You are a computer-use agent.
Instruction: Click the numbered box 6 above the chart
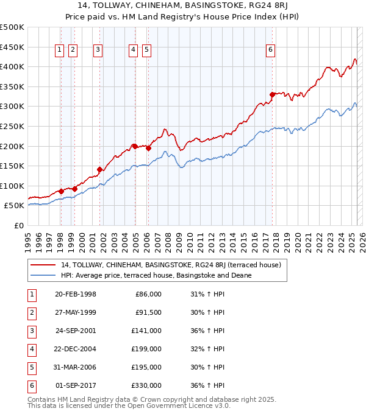[x=270, y=51]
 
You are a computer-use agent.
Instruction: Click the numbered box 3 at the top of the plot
[x=98, y=51]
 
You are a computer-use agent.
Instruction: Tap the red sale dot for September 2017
[x=272, y=94]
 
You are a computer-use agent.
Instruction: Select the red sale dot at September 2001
[x=99, y=169]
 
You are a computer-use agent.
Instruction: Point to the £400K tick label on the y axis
[x=12, y=66]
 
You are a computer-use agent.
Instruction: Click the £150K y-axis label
[x=12, y=166]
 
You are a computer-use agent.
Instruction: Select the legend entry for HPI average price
[x=156, y=275]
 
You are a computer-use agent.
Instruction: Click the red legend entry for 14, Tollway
[x=170, y=265]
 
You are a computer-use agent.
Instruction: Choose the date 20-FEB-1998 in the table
[x=75, y=294]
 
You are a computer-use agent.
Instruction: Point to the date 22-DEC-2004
[x=75, y=349]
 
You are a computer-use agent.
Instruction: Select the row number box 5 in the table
[x=31, y=367]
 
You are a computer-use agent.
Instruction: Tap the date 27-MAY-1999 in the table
[x=75, y=312]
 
